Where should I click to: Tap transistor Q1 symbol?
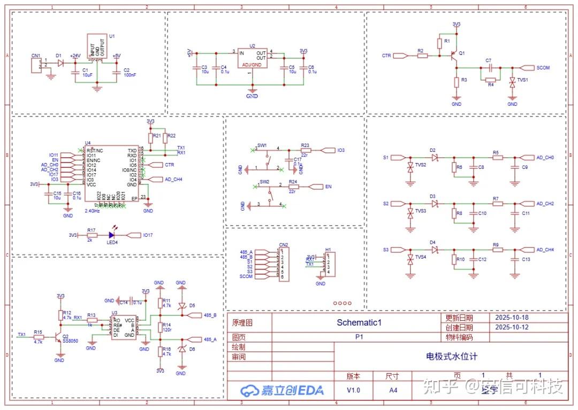click(453, 56)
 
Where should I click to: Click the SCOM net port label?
click(542, 68)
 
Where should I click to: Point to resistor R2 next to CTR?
click(422, 56)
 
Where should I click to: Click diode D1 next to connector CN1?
click(60, 63)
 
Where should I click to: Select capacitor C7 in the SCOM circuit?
click(488, 68)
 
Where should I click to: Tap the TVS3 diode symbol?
click(410, 212)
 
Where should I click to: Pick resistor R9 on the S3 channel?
click(496, 250)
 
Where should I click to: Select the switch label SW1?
click(262, 145)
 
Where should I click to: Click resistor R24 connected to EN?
click(293, 187)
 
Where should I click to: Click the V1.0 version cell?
click(353, 390)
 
